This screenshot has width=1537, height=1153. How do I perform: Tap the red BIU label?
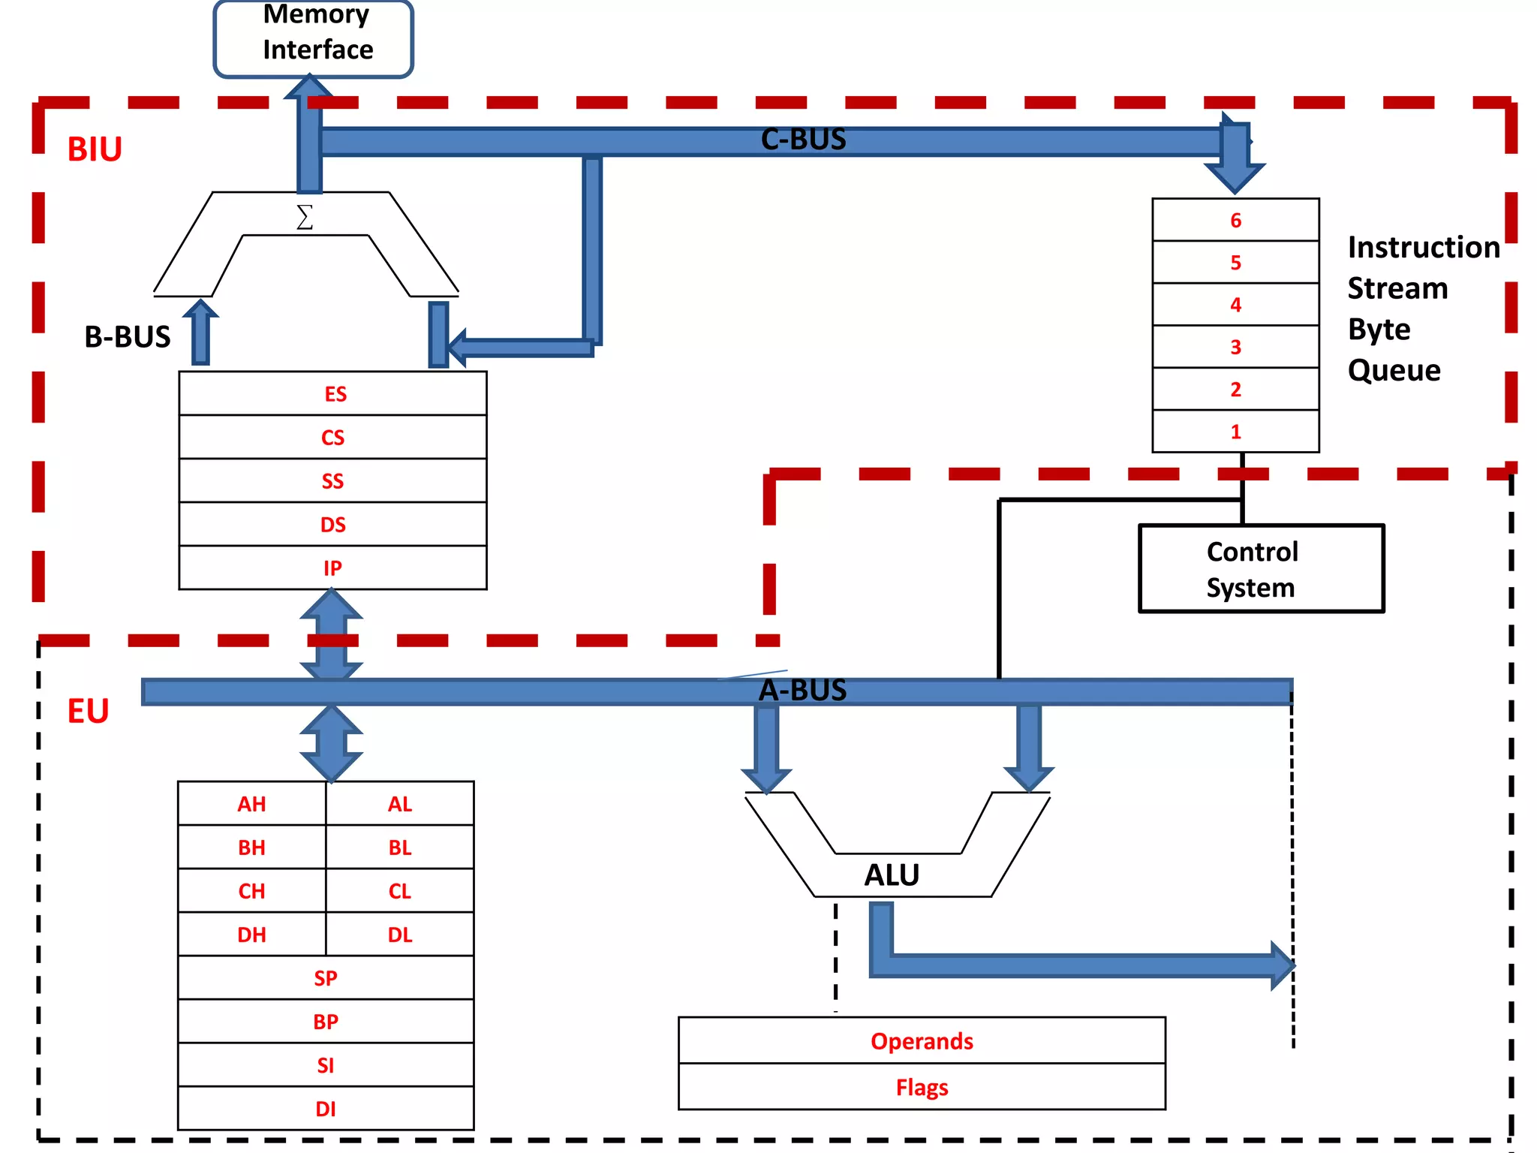[x=95, y=149]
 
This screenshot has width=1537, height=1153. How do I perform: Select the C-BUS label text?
[x=803, y=140]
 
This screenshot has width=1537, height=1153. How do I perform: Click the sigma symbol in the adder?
[x=304, y=218]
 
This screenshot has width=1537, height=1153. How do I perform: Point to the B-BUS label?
[x=128, y=337]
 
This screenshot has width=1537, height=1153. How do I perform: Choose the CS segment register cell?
[x=332, y=438]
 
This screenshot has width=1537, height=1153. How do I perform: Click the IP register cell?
[x=332, y=568]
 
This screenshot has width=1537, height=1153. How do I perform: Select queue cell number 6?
[x=1235, y=220]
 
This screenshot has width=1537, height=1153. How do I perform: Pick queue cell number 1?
[x=1235, y=432]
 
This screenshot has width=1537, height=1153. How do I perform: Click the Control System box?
[x=1261, y=569]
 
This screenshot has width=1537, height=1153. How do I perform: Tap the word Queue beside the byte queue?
[x=1394, y=370]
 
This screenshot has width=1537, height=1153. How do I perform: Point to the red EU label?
[x=89, y=711]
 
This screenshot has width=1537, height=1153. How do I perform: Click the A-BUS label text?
[x=802, y=691]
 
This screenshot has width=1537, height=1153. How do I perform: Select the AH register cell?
[x=251, y=804]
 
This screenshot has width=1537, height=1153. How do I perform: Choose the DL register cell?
[x=399, y=935]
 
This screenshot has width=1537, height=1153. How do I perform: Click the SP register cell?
[x=326, y=978]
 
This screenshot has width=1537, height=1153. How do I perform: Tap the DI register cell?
[x=326, y=1109]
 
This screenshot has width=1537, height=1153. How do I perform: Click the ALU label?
[x=892, y=875]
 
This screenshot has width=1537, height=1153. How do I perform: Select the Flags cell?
[x=922, y=1087]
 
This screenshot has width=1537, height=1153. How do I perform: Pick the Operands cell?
[x=922, y=1041]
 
